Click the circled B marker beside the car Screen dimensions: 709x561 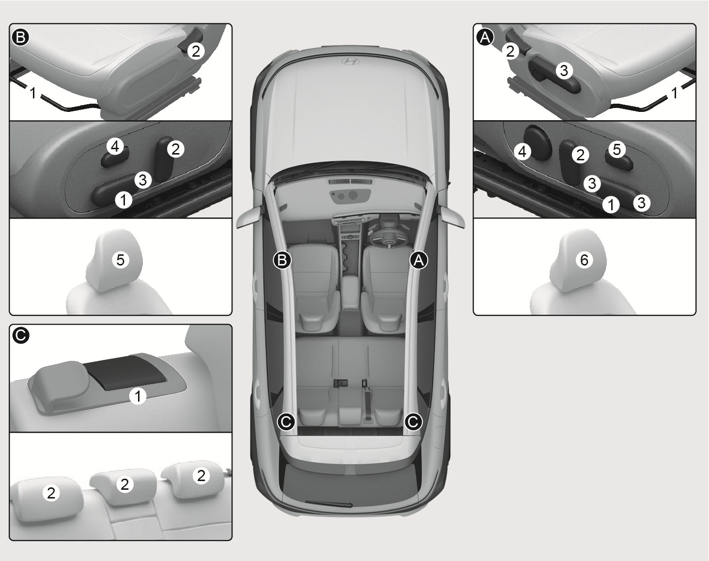(x=282, y=260)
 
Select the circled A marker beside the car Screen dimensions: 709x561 (x=419, y=260)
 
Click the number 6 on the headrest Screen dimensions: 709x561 (x=584, y=260)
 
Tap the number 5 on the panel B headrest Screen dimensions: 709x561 (x=121, y=260)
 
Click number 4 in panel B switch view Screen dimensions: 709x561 (x=115, y=146)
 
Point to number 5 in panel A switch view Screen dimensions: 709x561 (x=617, y=149)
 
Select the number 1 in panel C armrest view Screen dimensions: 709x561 (x=138, y=396)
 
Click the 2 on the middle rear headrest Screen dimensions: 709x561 (x=124, y=484)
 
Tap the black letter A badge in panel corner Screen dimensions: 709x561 (x=485, y=37)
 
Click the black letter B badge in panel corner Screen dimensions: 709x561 (x=21, y=37)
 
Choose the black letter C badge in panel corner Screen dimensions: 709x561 (x=21, y=336)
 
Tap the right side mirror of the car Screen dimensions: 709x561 (x=451, y=218)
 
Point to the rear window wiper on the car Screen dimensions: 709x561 (x=328, y=504)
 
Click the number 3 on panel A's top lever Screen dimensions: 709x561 (x=564, y=71)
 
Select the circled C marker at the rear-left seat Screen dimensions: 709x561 (x=286, y=421)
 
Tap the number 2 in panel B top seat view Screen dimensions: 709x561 (x=196, y=51)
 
